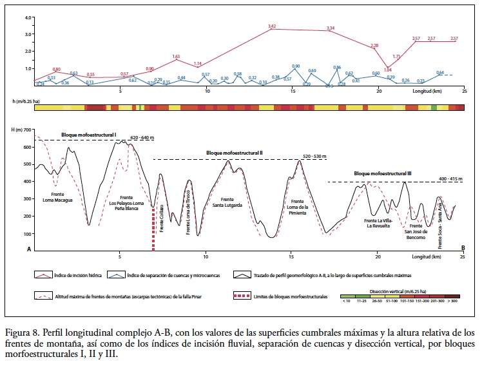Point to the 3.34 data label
coord(331,28)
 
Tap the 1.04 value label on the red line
coord(387,70)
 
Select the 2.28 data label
coord(374,46)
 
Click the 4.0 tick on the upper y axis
coord(28,17)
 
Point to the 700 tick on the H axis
coord(28,130)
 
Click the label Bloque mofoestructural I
coord(88,135)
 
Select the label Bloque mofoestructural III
coord(383,174)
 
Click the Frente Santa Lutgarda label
coord(231,202)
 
